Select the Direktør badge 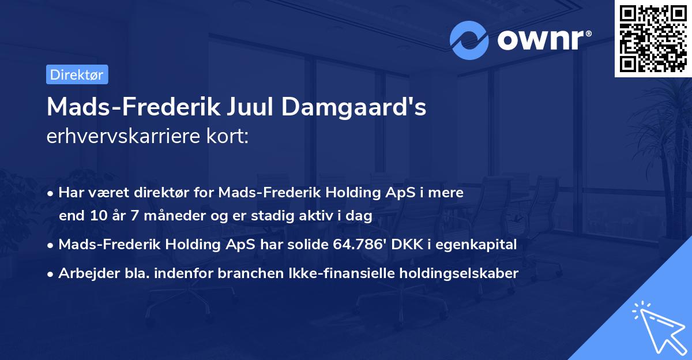click(x=77, y=74)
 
